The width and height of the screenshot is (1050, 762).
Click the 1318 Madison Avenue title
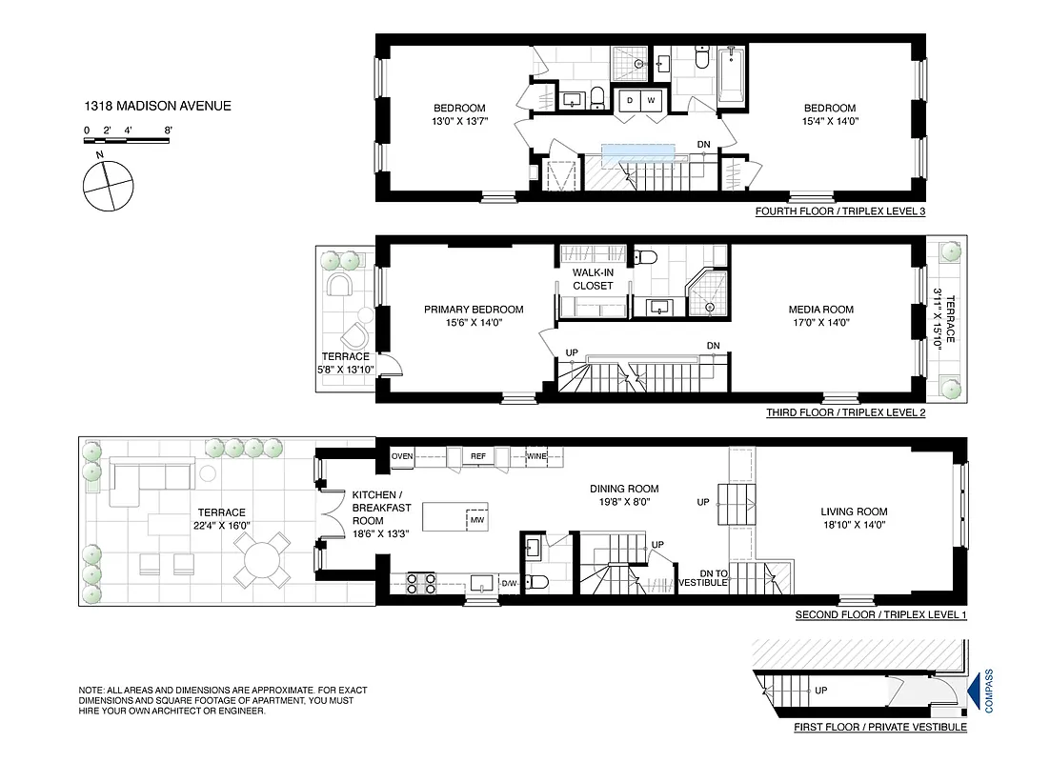(157, 106)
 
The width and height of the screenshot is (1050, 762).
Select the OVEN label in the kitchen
(402, 456)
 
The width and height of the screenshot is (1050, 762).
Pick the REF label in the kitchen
(478, 456)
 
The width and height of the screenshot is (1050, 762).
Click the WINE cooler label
(537, 456)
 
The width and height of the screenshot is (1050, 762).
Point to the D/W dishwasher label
(509, 583)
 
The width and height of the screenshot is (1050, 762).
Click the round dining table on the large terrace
(263, 558)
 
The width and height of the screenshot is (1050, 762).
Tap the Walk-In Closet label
(593, 278)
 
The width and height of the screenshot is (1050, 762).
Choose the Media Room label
(820, 310)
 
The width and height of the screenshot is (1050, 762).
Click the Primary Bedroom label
(474, 310)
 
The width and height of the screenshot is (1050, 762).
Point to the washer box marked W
(652, 100)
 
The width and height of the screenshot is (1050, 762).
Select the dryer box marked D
(629, 100)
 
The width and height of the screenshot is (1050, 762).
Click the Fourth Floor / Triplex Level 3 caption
(839, 211)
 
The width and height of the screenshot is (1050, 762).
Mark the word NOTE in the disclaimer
(92, 690)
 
